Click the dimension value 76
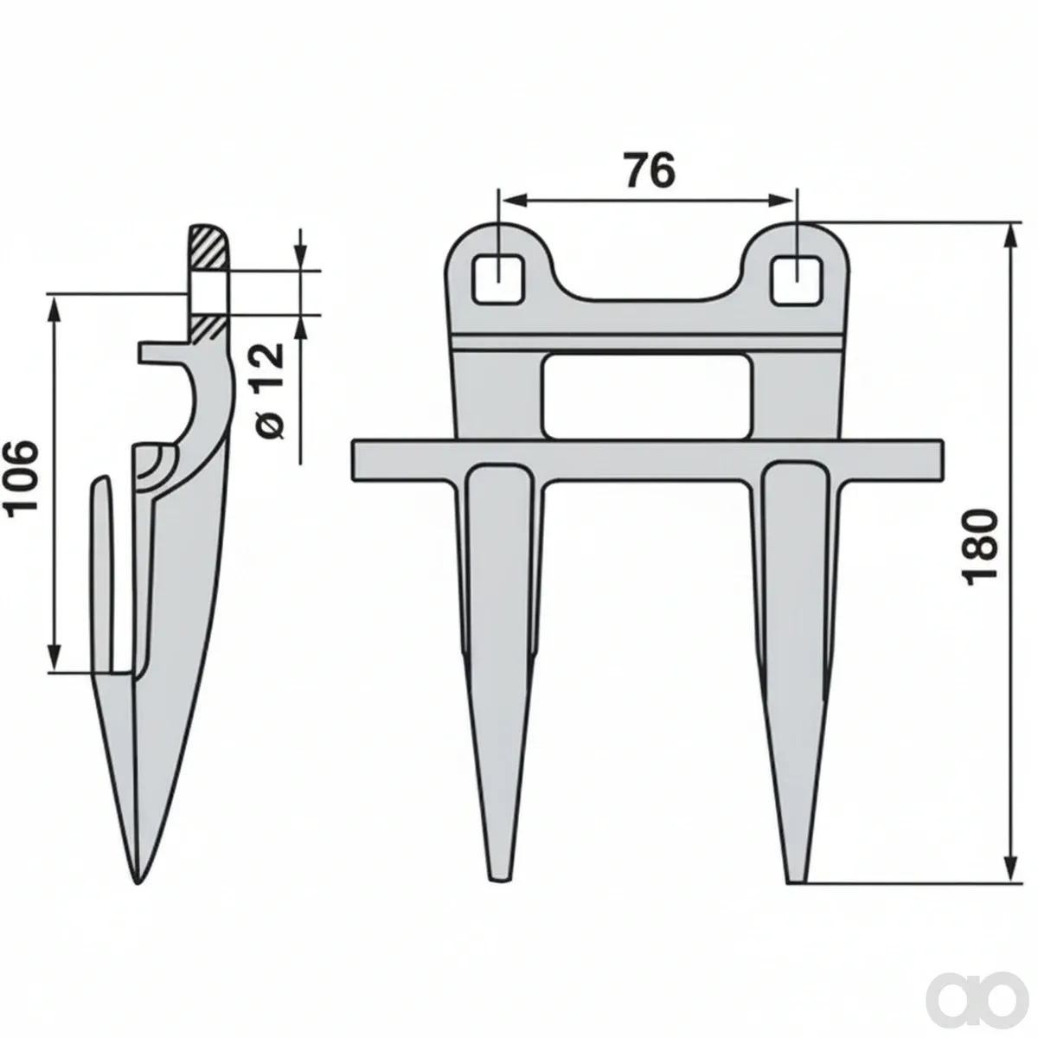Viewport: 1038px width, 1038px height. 650,170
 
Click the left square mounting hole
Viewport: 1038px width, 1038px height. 499,279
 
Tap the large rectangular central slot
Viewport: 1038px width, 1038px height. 648,396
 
